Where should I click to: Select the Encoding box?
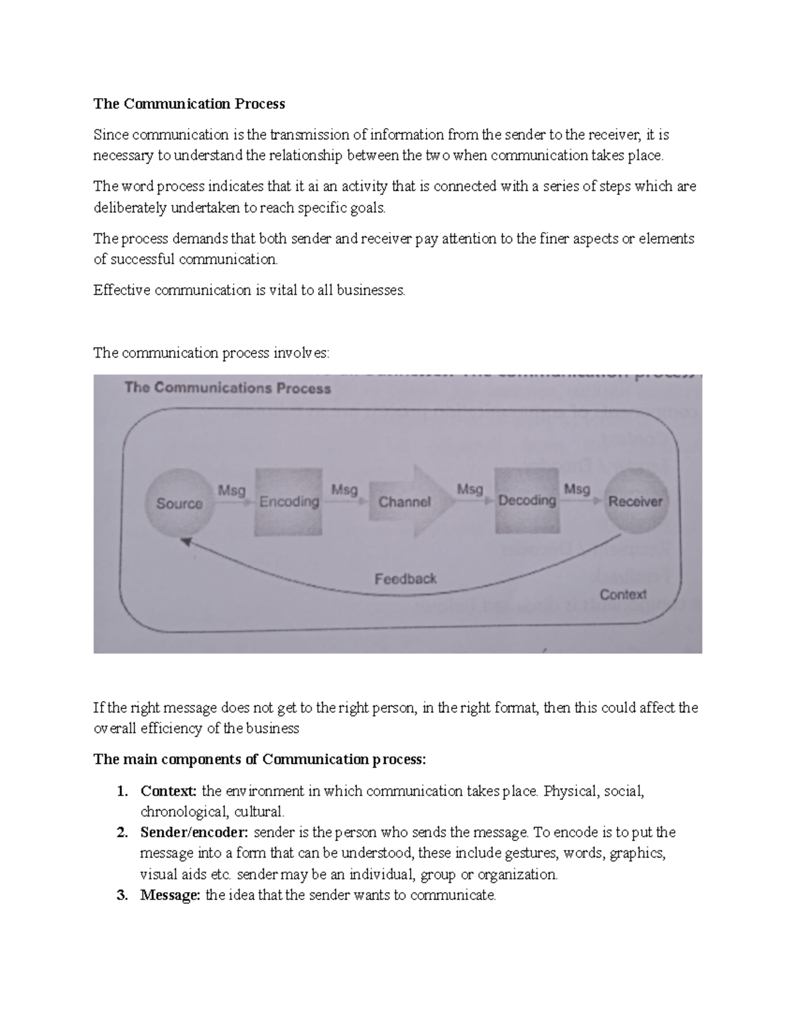coord(289,502)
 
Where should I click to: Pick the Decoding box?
coord(527,500)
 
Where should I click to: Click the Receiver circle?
coord(635,501)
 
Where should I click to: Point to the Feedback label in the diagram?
coord(405,579)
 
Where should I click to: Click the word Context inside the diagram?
coord(623,595)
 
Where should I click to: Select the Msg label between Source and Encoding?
coord(232,491)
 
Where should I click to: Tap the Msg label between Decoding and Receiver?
coord(576,489)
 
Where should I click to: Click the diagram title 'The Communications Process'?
coord(228,388)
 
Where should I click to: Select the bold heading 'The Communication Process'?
coord(189,103)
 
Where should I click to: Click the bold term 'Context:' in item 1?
coord(168,791)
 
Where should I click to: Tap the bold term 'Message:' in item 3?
coord(170,895)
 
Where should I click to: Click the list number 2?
coord(121,832)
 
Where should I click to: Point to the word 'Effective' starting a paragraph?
coord(122,290)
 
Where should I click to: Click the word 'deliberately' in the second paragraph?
coord(130,208)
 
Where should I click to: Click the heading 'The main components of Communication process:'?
coord(259,760)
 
